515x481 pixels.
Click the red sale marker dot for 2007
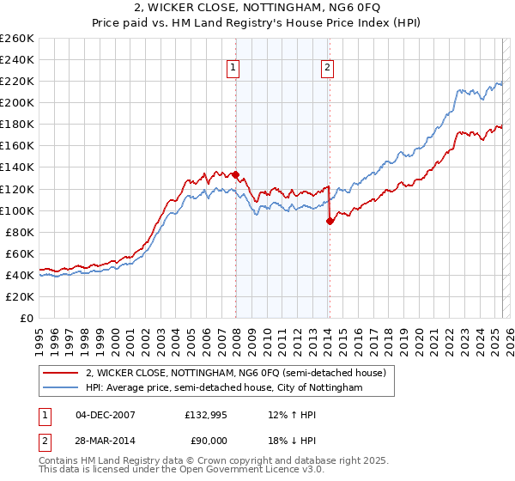tap(235, 174)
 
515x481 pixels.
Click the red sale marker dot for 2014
tap(330, 221)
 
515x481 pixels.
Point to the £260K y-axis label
tap(17, 39)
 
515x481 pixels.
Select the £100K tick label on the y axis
tap(17, 210)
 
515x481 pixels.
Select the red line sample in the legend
tap(60, 373)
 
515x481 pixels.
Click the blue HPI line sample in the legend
tap(60, 388)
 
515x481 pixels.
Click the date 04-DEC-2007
tap(106, 414)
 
